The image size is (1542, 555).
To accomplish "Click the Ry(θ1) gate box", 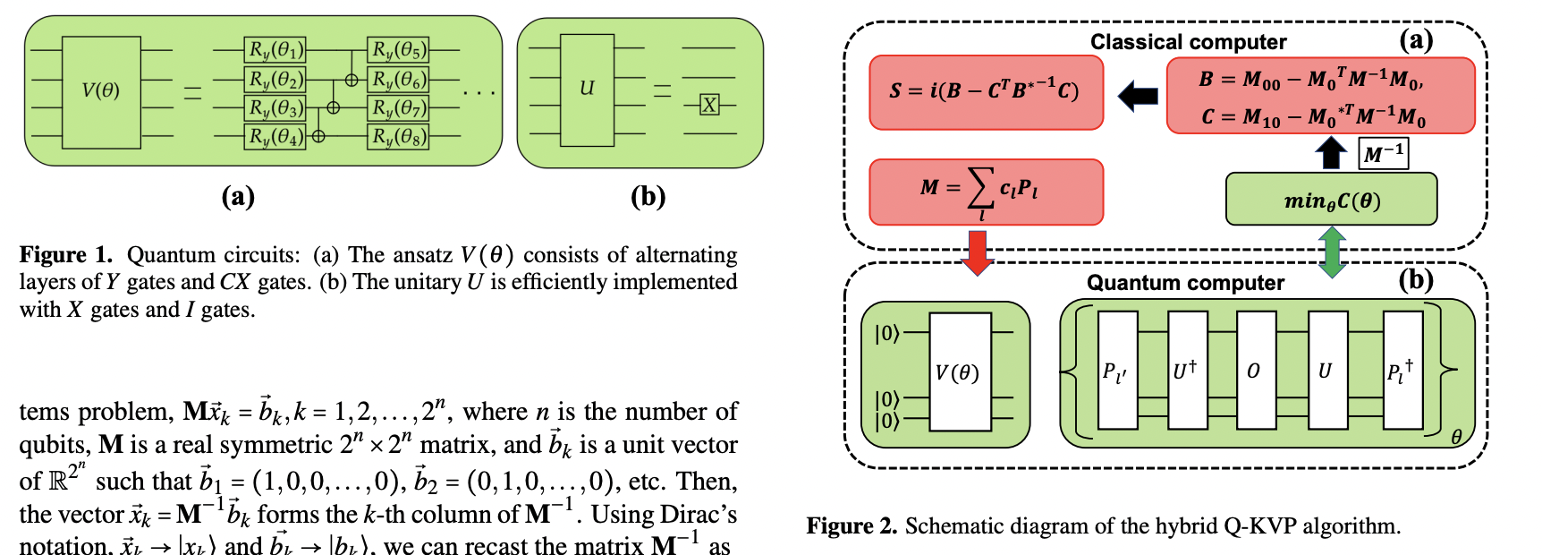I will tap(275, 50).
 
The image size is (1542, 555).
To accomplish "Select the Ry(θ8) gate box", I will tap(398, 137).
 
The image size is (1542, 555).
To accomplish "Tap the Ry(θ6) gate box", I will tap(398, 80).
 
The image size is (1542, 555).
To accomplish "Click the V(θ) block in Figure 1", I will tap(100, 91).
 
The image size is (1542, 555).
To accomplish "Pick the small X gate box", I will tap(709, 105).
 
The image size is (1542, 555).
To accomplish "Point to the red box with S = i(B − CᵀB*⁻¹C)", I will tap(986, 92).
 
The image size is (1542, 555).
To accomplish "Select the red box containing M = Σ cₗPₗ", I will tap(986, 191).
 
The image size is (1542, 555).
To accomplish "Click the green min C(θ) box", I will tap(1331, 200).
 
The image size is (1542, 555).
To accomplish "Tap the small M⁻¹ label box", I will tap(1383, 153).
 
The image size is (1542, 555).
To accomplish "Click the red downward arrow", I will tap(977, 252).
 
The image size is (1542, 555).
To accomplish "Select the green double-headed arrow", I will tap(1333, 252).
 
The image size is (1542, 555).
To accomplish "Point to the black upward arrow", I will tap(1331, 151).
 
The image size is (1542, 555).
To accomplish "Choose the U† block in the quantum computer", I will tap(1187, 371).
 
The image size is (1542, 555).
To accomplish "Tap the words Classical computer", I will tap(1188, 42).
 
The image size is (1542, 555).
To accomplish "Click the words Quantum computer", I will tap(1185, 283).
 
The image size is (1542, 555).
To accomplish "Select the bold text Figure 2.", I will tap(851, 525).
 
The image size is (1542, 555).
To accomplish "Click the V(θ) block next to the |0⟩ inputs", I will tap(960, 371).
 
